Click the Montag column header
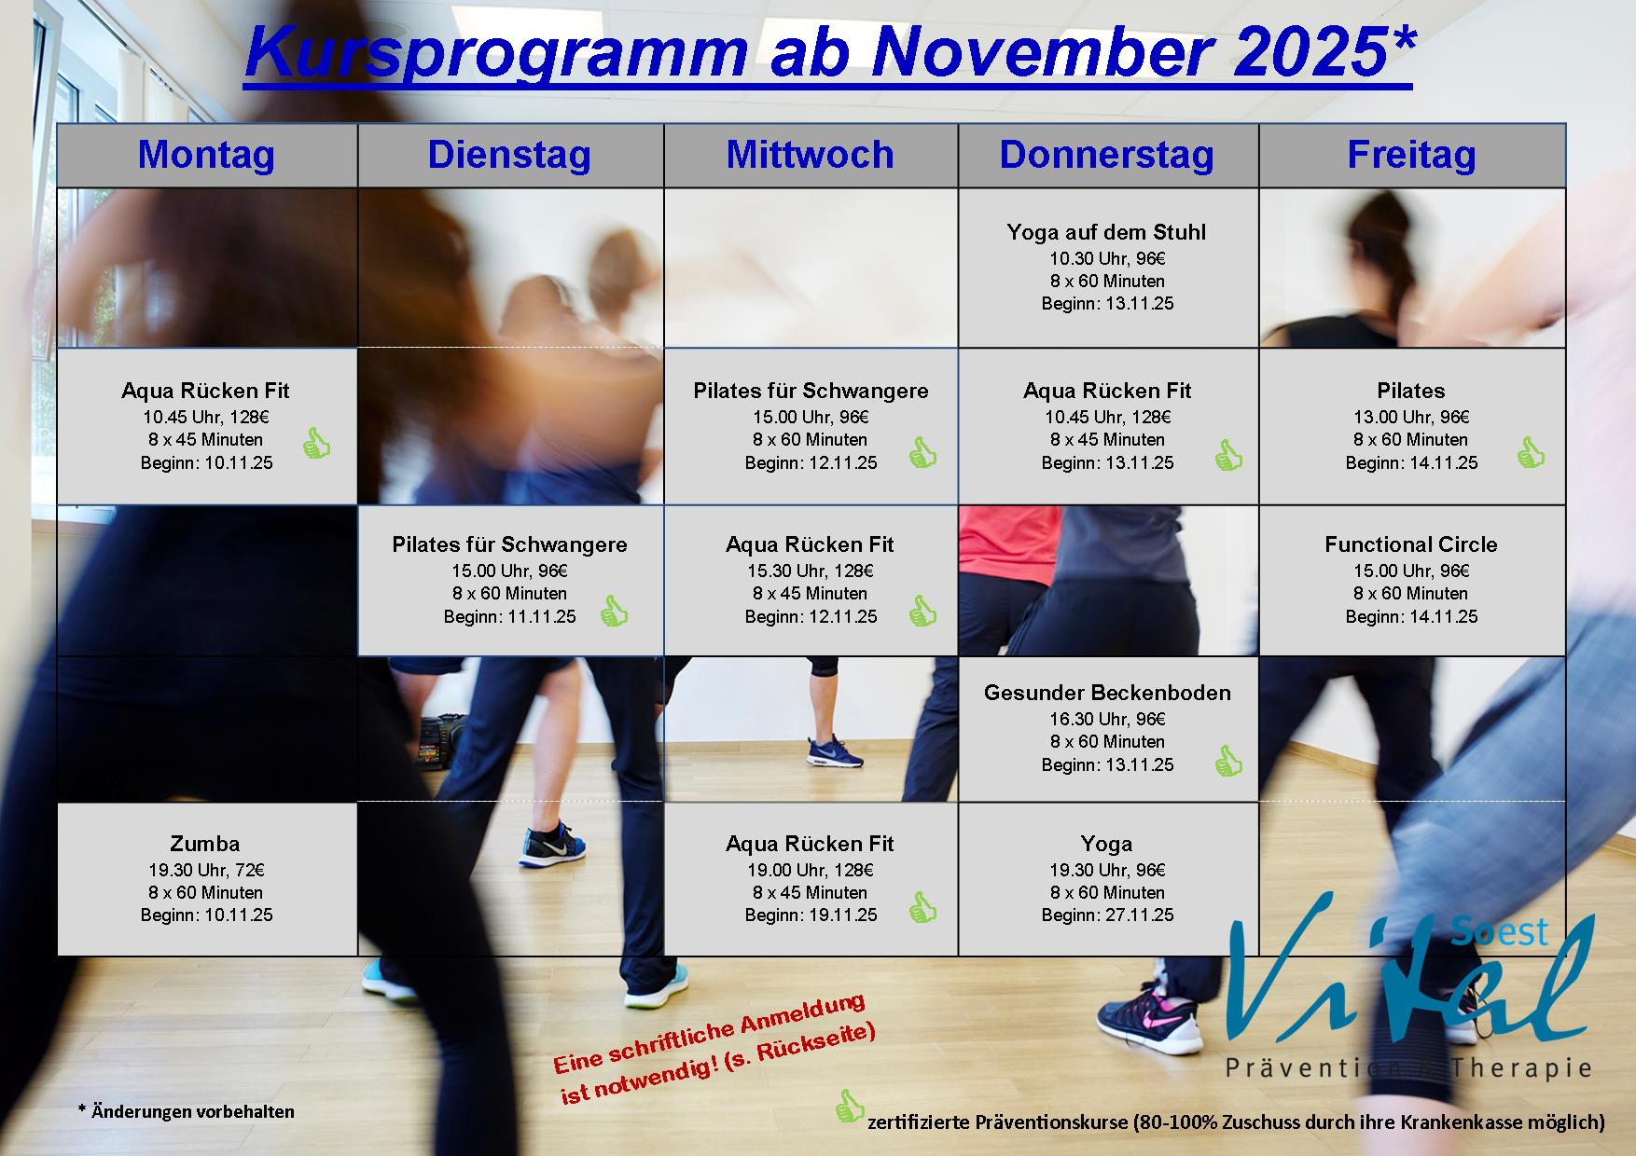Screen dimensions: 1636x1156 point(206,155)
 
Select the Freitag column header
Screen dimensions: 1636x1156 point(1411,155)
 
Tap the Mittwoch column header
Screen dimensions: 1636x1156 point(810,155)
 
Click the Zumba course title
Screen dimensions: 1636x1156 point(205,844)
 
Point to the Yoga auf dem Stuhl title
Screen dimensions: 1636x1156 point(1106,232)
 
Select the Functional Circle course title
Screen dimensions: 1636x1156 point(1411,544)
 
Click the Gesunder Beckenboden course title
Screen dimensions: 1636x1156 point(1107,693)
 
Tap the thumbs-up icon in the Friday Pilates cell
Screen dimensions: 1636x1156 point(1531,453)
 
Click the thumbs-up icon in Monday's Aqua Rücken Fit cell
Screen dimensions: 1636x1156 point(317,444)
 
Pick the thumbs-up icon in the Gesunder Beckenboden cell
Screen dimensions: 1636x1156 point(1228,762)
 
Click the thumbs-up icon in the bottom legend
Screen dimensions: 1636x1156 point(850,1107)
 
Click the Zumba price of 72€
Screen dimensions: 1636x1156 point(247,871)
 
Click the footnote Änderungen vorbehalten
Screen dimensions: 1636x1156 point(193,1111)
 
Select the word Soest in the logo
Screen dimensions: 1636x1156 point(1501,929)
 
